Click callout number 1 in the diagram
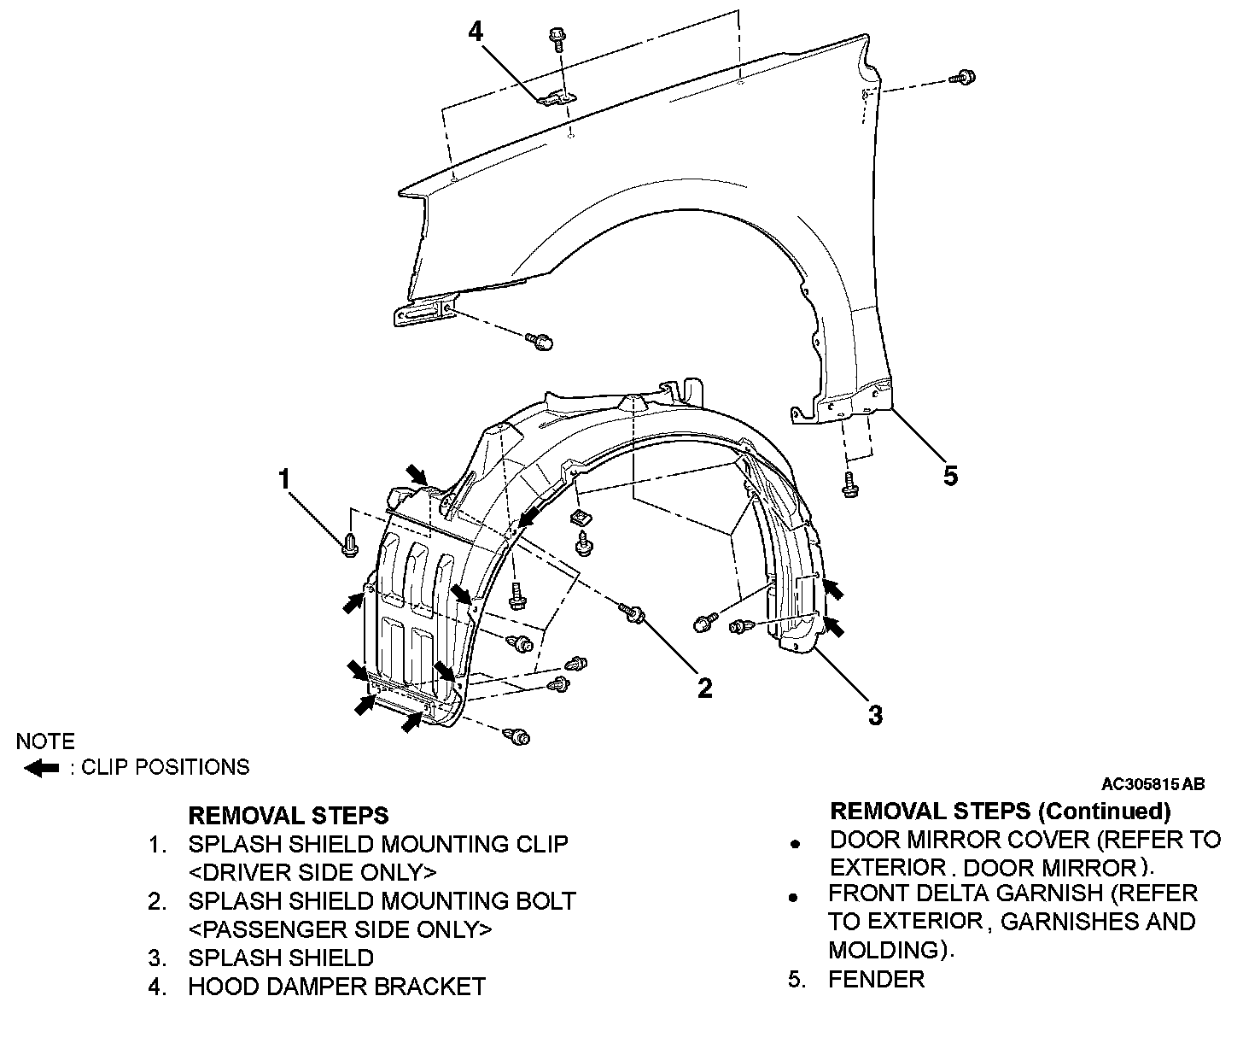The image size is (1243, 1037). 285,479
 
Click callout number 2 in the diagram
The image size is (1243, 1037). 704,688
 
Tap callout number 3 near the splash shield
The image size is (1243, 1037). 875,714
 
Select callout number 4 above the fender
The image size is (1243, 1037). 476,32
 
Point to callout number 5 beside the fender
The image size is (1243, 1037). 950,475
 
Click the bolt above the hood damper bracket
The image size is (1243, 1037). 556,37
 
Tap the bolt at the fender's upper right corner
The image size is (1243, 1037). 964,78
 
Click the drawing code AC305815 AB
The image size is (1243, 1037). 1153,783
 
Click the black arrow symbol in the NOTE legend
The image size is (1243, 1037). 41,768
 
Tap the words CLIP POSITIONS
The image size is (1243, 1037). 165,767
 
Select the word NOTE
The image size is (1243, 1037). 45,741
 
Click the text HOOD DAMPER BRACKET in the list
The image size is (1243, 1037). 336,987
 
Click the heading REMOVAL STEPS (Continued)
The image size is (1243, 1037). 1000,810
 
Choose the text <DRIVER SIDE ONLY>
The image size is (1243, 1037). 312,872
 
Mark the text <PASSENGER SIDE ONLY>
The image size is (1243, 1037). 340,929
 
